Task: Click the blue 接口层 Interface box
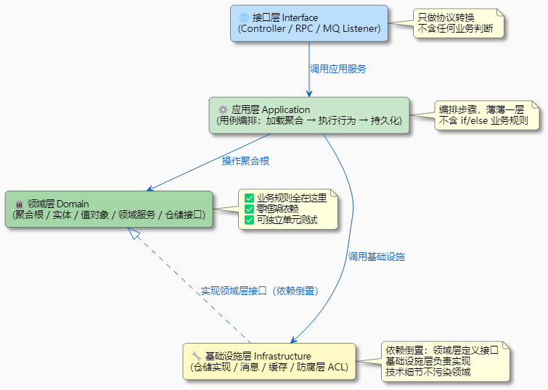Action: pos(308,23)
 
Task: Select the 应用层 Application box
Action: pos(308,115)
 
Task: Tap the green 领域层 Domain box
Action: pos(109,209)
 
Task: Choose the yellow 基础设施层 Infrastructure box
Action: pos(269,362)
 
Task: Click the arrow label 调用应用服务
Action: pos(338,69)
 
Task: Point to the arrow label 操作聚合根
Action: pos(245,160)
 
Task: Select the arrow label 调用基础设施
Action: pos(376,257)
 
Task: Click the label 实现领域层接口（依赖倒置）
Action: pos(260,291)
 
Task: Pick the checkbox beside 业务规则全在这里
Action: pos(250,198)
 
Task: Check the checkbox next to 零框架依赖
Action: pos(250,209)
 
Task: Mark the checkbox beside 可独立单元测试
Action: pos(250,220)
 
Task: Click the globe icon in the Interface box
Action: pos(244,17)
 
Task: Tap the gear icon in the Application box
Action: pos(223,109)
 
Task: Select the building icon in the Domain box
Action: pos(19,204)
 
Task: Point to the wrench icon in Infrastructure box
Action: pos(197,356)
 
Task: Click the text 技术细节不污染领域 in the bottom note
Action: pos(428,372)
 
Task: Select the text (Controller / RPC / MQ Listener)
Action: pos(308,29)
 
